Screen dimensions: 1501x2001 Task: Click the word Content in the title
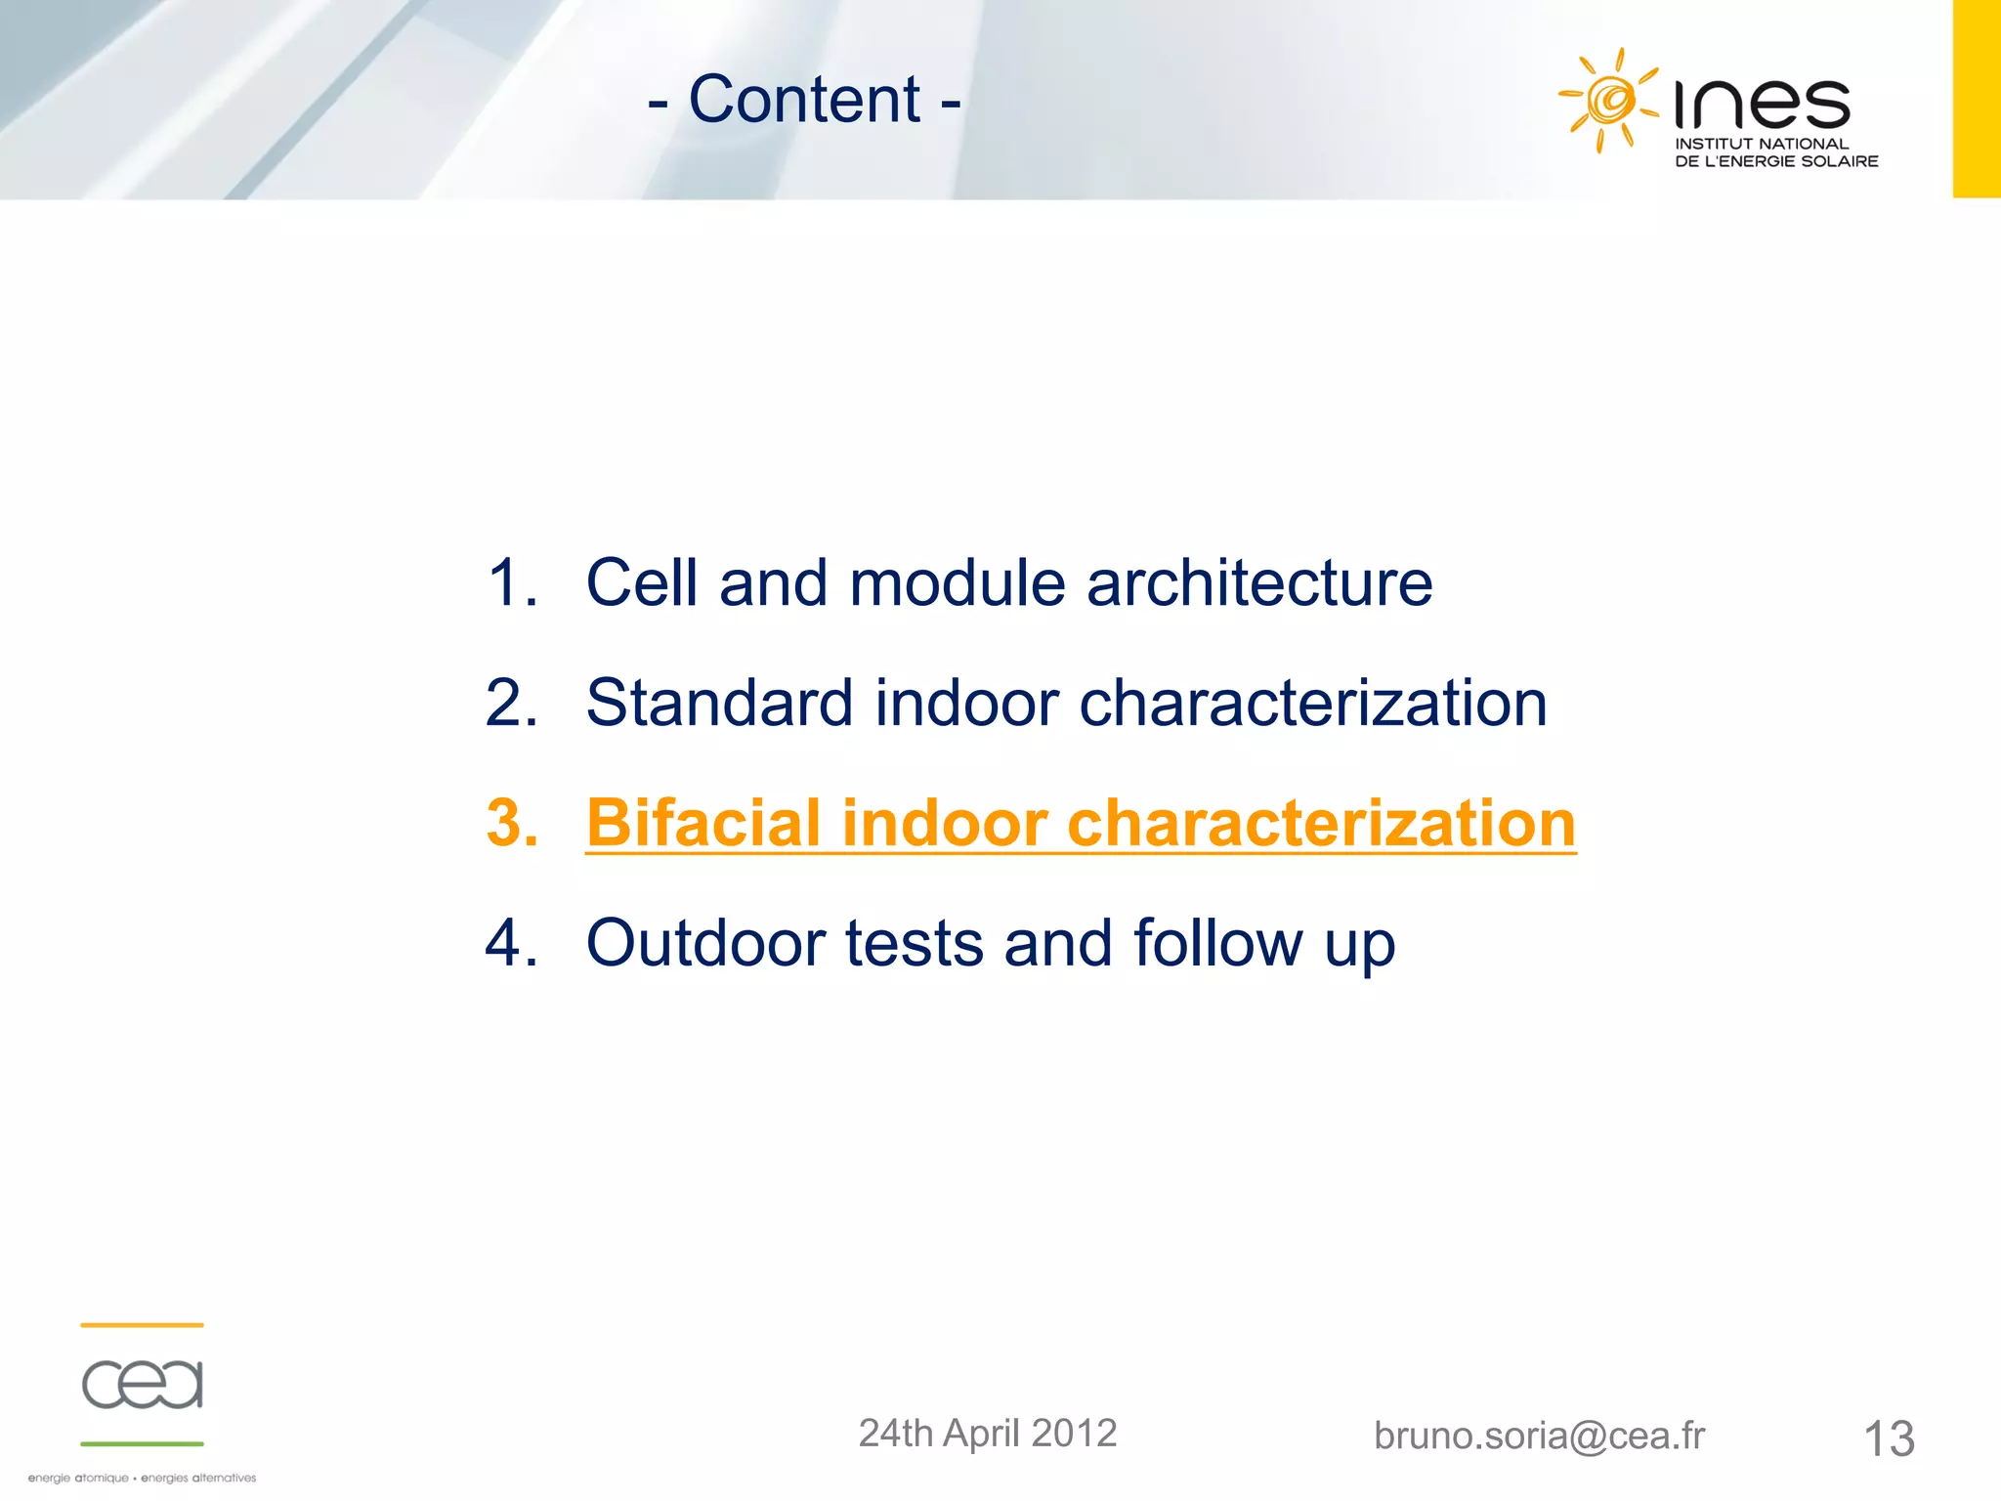804,100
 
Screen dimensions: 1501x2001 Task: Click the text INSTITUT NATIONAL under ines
1762,144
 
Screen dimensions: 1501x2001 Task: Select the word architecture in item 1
1259,583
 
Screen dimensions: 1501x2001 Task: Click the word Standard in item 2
718,704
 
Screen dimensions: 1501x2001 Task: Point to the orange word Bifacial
702,823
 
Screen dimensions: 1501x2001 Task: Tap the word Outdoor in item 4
705,944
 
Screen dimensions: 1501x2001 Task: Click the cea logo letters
143,1384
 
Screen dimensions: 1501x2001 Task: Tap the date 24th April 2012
987,1434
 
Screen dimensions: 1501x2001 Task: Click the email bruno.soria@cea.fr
1539,1436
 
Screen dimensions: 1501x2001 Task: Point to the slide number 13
1889,1438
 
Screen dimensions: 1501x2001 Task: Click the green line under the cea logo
143,1443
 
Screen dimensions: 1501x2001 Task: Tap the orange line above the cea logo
143,1325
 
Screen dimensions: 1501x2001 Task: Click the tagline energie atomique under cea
78,1479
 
